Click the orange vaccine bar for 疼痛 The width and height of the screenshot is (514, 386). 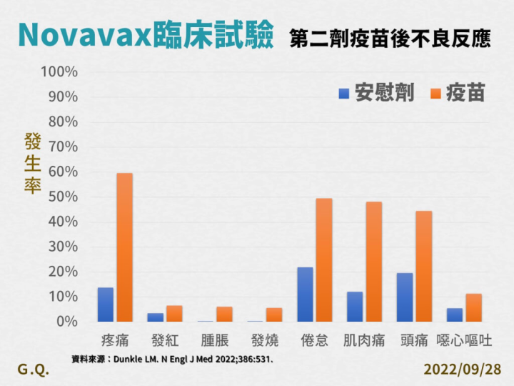pos(125,247)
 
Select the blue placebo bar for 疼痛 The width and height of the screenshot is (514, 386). pos(106,305)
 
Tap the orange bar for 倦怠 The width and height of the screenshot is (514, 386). pos(324,260)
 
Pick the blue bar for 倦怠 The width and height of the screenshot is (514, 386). pos(305,295)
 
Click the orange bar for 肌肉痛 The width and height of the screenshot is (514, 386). pos(374,262)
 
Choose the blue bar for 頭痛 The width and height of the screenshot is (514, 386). pos(405,297)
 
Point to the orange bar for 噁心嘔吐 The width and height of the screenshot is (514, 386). pos(473,308)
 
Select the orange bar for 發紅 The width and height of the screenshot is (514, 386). pos(174,314)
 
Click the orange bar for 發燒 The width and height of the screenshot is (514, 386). pos(274,315)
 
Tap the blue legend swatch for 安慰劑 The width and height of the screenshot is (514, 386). pos(344,94)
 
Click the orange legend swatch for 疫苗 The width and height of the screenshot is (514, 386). pos(435,94)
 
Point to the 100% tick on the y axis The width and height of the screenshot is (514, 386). pos(60,72)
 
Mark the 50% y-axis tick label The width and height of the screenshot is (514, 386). pos(63,197)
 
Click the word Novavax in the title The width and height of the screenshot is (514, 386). pos(84,34)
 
